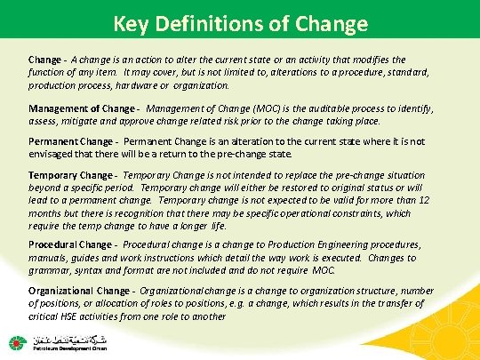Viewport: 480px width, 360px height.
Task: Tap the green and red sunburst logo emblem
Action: pos(16,341)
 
